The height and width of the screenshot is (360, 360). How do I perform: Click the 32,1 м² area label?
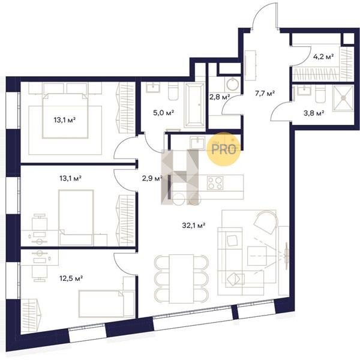point(193,226)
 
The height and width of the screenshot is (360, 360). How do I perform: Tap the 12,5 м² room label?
point(71,278)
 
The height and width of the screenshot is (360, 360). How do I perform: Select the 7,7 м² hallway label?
point(265,94)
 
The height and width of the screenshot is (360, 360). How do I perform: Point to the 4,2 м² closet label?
point(323,56)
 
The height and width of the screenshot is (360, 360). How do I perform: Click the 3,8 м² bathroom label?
point(314,113)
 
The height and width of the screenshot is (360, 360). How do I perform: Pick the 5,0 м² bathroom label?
point(163,113)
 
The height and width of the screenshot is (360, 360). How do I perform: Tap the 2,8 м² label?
point(220,97)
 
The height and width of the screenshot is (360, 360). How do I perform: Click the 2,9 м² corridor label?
point(152,178)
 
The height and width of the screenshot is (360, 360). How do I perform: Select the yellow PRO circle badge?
point(224,149)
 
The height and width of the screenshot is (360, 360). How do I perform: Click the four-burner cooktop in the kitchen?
point(215,183)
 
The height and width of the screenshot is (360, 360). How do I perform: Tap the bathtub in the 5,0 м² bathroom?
point(194,105)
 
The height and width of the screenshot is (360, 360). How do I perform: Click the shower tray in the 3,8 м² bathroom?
point(343,98)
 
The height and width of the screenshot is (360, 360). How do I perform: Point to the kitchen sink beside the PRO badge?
point(197,143)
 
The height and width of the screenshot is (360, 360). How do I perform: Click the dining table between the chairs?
point(181,279)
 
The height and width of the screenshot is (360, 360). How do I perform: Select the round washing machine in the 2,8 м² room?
point(233,84)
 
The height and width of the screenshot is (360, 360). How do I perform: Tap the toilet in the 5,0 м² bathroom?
point(173,91)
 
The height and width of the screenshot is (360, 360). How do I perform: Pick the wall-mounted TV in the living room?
point(286,256)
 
